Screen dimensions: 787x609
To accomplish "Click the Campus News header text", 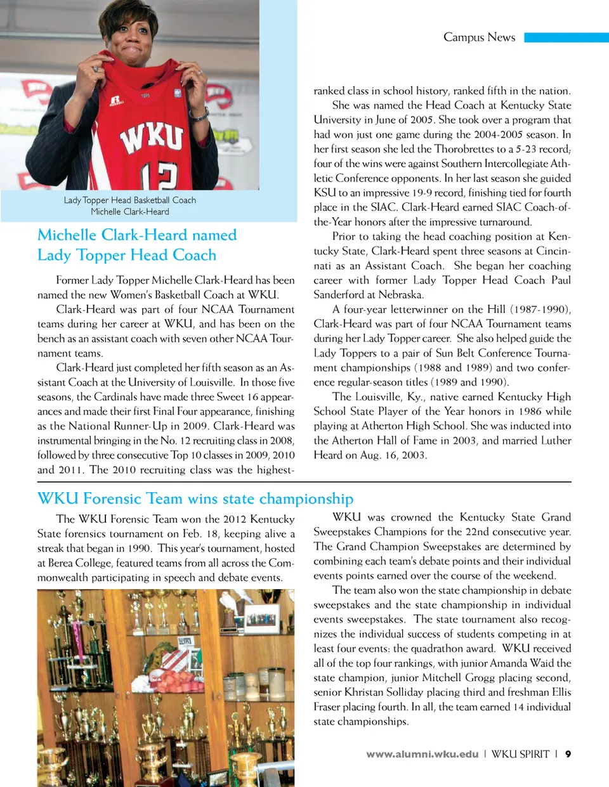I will [479, 37].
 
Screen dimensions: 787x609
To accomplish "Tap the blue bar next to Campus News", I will [566, 37].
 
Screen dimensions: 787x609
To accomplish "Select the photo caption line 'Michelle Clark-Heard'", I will [130, 212].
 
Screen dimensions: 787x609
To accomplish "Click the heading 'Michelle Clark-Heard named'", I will [137, 235].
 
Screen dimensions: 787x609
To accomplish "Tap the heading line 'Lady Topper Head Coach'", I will [127, 256].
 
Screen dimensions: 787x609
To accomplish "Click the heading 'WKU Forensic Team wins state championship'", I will [195, 498].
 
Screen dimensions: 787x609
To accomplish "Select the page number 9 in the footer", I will [568, 754].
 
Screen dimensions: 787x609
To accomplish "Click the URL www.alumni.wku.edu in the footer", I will [422, 754].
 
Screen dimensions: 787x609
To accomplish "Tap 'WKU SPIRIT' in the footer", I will [520, 754].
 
